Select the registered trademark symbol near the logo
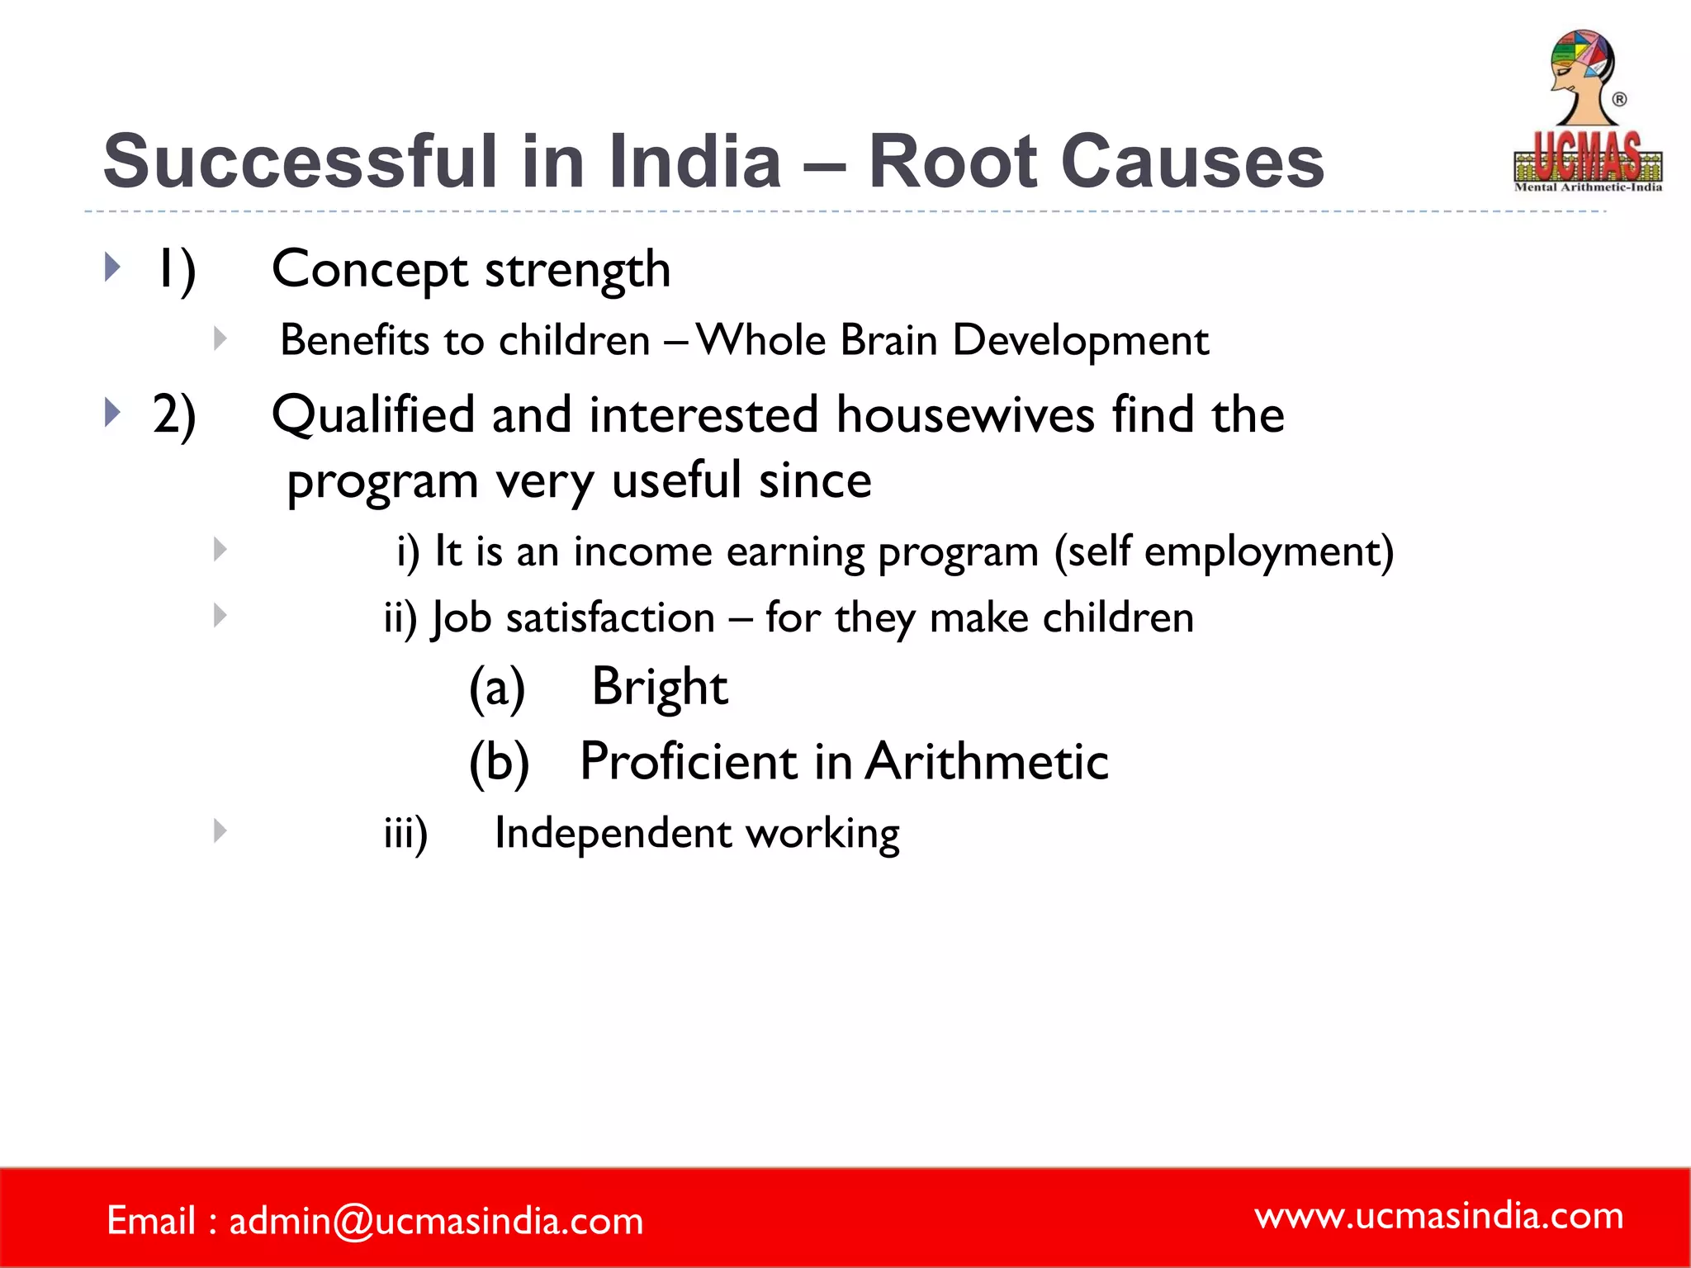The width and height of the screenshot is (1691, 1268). click(x=1619, y=99)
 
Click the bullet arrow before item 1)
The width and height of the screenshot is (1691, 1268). click(x=113, y=267)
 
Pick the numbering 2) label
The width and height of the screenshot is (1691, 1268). click(x=174, y=415)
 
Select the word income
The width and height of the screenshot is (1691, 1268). click(x=642, y=551)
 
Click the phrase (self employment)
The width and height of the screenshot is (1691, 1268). click(x=1224, y=551)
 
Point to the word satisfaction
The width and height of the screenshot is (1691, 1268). click(x=610, y=618)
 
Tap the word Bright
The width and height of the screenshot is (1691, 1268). click(x=660, y=687)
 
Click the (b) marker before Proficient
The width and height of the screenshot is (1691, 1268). click(x=499, y=761)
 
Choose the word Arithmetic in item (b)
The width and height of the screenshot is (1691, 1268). click(x=987, y=761)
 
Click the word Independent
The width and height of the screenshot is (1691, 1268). click(x=612, y=833)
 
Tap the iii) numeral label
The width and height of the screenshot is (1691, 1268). click(x=405, y=833)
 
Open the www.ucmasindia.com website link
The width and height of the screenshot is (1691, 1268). click(x=1438, y=1216)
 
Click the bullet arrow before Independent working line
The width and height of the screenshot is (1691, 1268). click(x=220, y=830)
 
